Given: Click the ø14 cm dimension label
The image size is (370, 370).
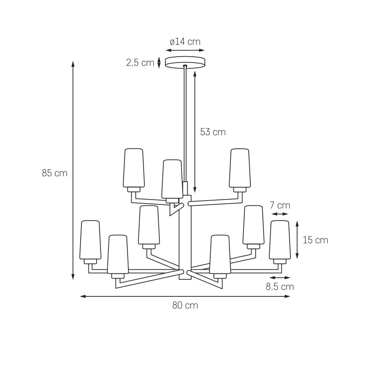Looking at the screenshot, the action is pyautogui.click(x=185, y=42).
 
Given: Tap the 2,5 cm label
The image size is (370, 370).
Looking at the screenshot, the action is pyautogui.click(x=140, y=63).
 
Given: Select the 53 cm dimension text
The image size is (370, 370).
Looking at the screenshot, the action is pyautogui.click(x=213, y=132).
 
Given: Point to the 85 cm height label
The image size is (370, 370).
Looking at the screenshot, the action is pyautogui.click(x=55, y=173).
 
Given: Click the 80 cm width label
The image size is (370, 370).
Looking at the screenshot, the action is pyautogui.click(x=185, y=305).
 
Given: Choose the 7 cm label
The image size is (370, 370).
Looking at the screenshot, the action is pyautogui.click(x=280, y=205).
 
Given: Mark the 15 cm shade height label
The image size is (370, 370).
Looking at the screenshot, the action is pyautogui.click(x=316, y=240).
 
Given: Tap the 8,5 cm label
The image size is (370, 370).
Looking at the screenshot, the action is pyautogui.click(x=280, y=287).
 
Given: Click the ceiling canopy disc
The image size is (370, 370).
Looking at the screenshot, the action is pyautogui.click(x=185, y=62).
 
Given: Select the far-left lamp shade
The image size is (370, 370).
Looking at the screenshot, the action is pyautogui.click(x=90, y=240).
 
